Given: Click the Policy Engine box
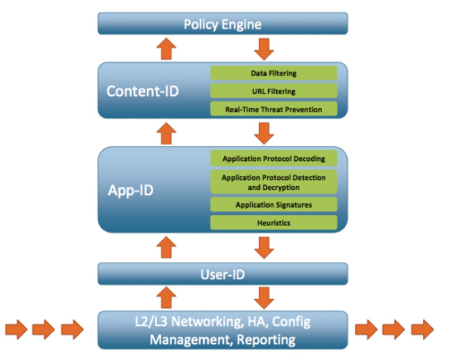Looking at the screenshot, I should [x=222, y=23].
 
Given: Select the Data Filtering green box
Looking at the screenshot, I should [x=274, y=73].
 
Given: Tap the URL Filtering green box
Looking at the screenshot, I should [x=274, y=91].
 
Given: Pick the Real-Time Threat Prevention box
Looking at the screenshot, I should [x=274, y=109].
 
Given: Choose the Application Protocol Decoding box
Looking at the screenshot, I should [x=274, y=159].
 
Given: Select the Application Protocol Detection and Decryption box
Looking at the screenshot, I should [x=274, y=183].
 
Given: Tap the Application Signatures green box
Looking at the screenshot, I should [x=274, y=205].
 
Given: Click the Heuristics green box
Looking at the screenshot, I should [x=274, y=223].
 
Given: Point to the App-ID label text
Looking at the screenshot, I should [x=131, y=190].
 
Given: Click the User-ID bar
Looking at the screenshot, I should [x=222, y=274].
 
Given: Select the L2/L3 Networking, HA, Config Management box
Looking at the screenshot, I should [x=222, y=330].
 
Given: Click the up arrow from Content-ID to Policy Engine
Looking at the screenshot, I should [x=166, y=49].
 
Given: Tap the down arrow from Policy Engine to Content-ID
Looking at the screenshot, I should [x=264, y=49].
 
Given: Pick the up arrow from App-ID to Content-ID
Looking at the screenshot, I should [x=166, y=134].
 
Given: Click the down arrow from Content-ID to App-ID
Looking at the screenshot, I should [x=264, y=134].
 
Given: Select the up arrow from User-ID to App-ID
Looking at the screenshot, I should [x=166, y=247].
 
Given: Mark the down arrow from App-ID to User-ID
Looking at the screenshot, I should [x=264, y=247].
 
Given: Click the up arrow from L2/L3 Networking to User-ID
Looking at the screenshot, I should [x=166, y=298].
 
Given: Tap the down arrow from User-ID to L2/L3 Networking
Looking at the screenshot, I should [x=264, y=298].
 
